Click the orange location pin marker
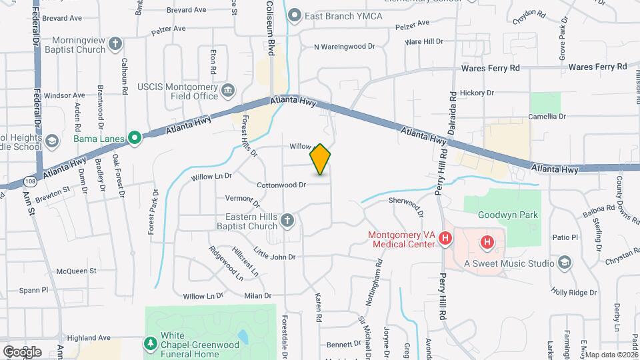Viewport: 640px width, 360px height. [x=321, y=159]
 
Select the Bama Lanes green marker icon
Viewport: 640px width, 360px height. [x=134, y=138]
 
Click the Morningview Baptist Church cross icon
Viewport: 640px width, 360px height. [x=116, y=45]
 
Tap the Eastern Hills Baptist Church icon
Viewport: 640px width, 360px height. [x=287, y=221]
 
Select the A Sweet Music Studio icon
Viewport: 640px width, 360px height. [x=565, y=263]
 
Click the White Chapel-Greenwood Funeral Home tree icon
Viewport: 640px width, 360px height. [x=151, y=343]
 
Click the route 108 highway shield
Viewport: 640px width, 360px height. [x=31, y=180]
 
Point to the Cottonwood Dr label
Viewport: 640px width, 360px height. [x=281, y=185]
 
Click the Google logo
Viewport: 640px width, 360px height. [x=21, y=351]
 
